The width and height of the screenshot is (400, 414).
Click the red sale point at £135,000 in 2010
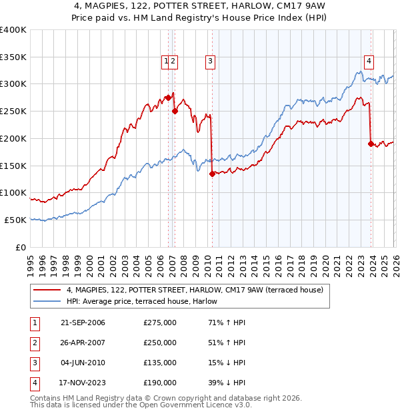(212, 174)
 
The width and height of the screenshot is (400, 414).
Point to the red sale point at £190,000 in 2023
(371, 143)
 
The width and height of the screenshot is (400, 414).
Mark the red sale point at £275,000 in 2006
(168, 97)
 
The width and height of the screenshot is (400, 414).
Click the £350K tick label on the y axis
(13, 57)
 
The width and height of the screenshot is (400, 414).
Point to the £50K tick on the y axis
(16, 220)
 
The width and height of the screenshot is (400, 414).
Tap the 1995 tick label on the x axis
(30, 260)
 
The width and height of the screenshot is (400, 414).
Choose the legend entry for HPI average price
(146, 301)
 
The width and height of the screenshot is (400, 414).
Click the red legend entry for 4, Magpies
(194, 290)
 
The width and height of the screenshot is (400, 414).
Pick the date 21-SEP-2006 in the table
(82, 323)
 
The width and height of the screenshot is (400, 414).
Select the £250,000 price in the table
(160, 343)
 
